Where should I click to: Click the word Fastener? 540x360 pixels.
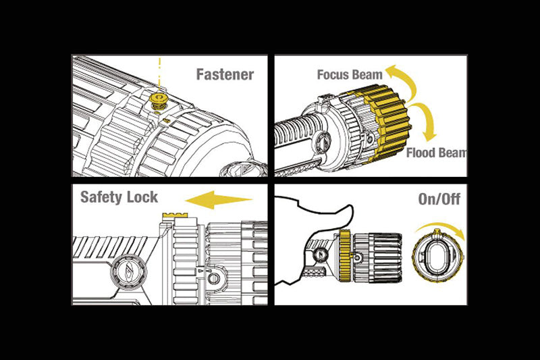click(x=225, y=74)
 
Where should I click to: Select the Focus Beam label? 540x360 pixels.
click(x=350, y=74)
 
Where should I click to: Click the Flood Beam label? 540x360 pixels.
click(x=436, y=153)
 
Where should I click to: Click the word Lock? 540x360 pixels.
click(x=144, y=197)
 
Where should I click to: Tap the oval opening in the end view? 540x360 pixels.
click(x=435, y=258)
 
